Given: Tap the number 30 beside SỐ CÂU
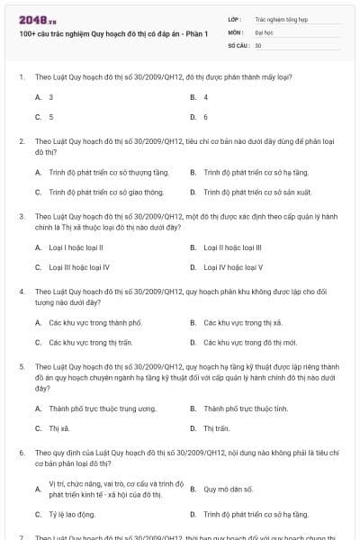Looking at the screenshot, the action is click(258, 44).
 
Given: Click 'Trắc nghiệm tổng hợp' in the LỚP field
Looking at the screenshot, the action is click(281, 18).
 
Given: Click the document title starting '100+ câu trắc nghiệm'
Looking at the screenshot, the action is click(112, 34).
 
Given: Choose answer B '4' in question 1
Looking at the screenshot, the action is click(206, 96).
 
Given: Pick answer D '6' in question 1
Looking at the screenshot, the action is click(206, 117).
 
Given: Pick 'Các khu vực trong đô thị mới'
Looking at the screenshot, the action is click(245, 342).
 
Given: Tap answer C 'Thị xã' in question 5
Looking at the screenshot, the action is click(60, 428).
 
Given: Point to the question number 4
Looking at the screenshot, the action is click(22, 292).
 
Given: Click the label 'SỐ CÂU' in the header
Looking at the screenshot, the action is click(238, 44).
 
